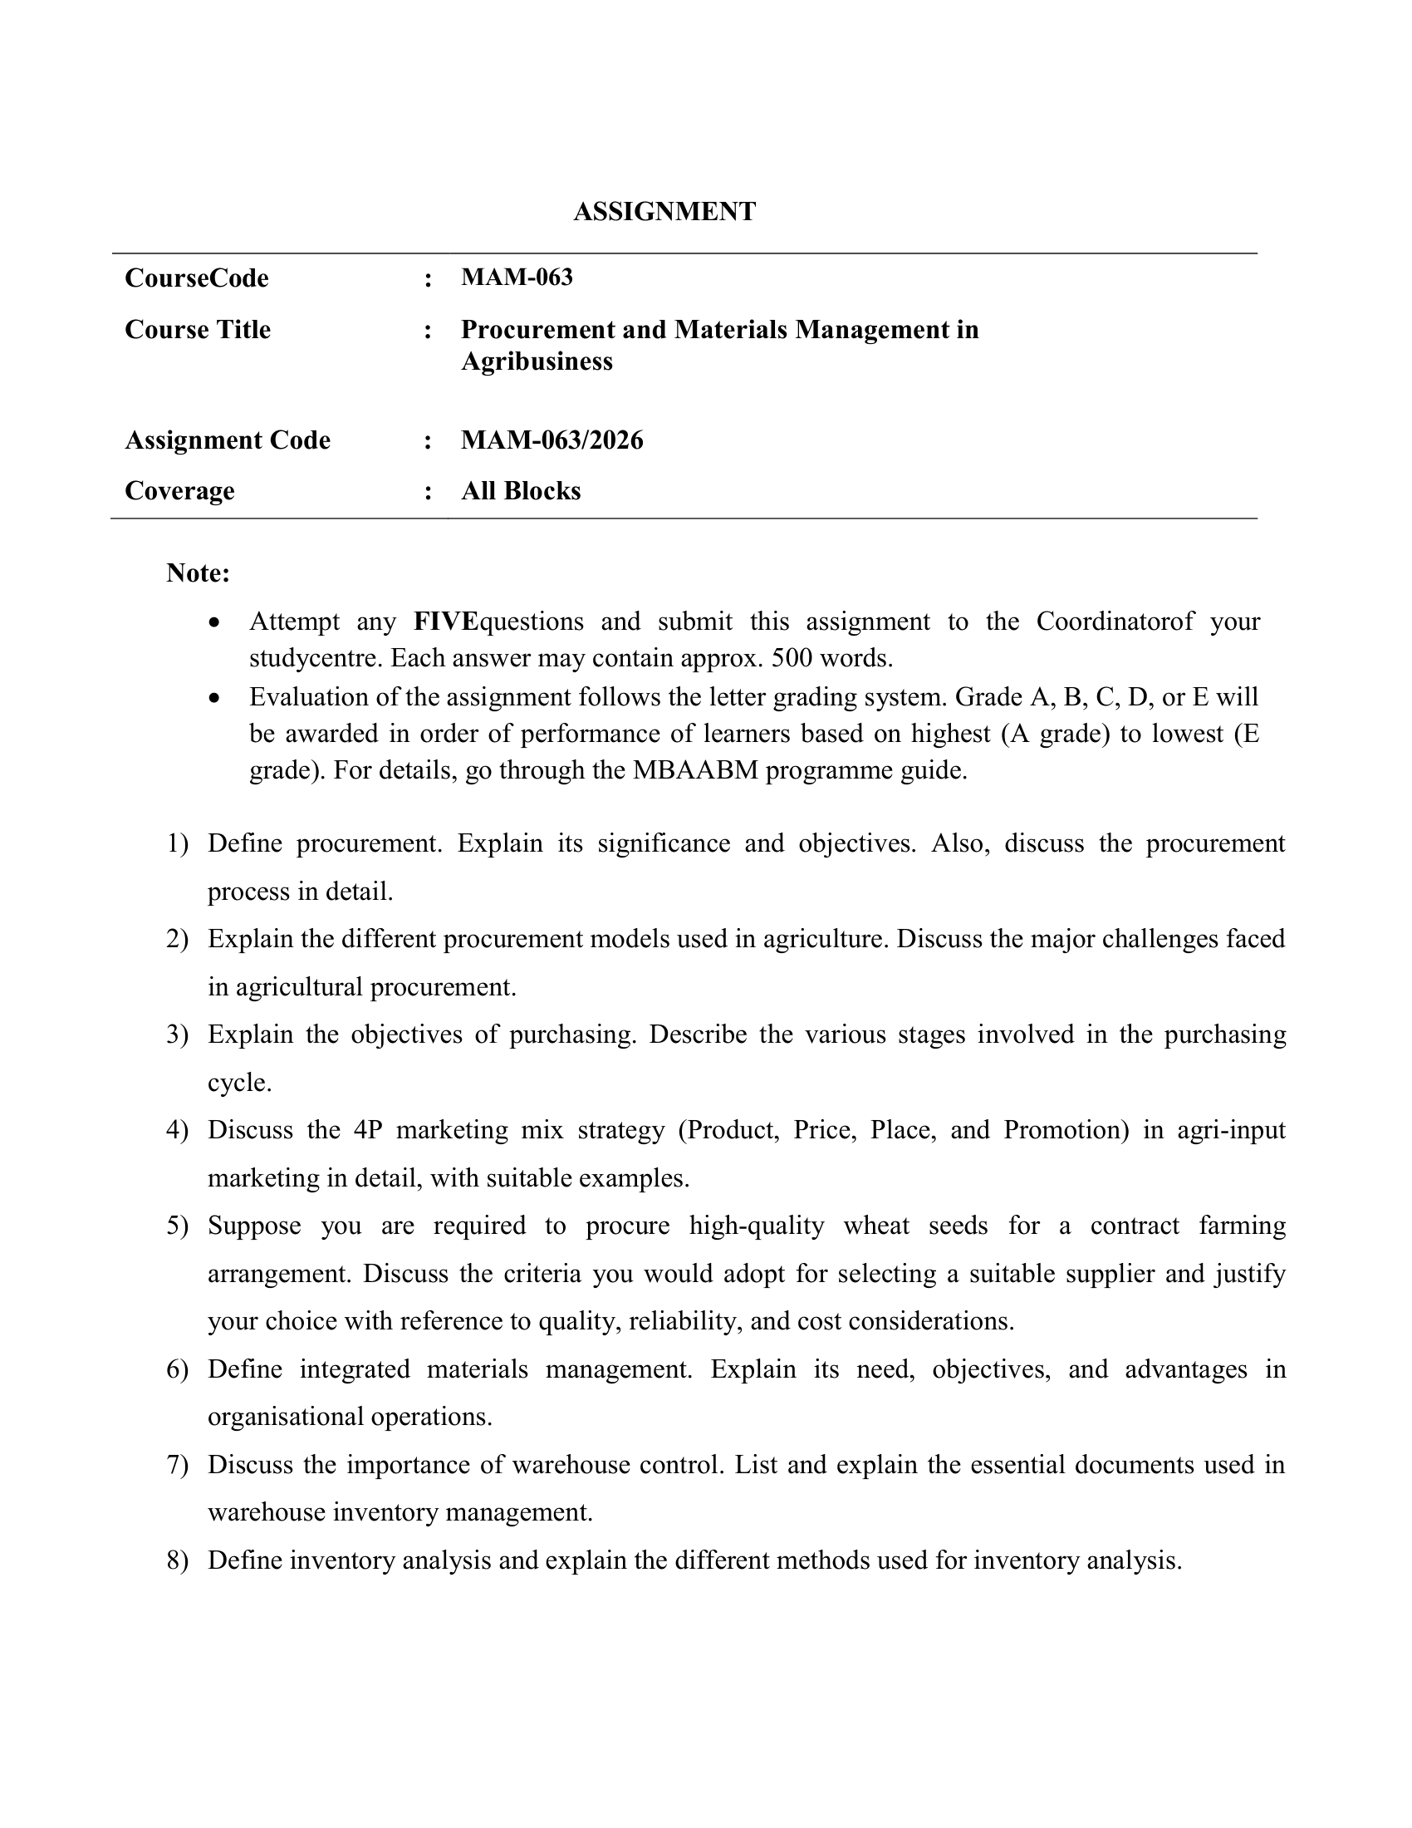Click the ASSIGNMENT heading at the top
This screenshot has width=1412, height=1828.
[x=664, y=212]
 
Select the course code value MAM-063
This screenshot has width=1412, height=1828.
[x=516, y=277]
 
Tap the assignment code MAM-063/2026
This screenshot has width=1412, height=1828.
[x=552, y=440]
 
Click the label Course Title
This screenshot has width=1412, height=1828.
[x=198, y=330]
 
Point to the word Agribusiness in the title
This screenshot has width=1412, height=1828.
[x=537, y=361]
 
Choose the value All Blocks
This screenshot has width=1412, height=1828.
[x=520, y=491]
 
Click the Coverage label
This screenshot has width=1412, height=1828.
[x=179, y=491]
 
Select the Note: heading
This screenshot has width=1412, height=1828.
[x=199, y=573]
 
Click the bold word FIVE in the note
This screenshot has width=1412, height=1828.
[x=444, y=622]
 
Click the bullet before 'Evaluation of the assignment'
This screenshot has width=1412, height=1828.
[x=215, y=698]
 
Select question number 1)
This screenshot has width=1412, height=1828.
[x=178, y=843]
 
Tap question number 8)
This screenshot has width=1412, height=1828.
[x=178, y=1561]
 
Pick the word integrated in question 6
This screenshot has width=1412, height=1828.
[x=355, y=1369]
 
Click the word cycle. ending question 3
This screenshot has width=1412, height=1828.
[x=239, y=1083]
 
